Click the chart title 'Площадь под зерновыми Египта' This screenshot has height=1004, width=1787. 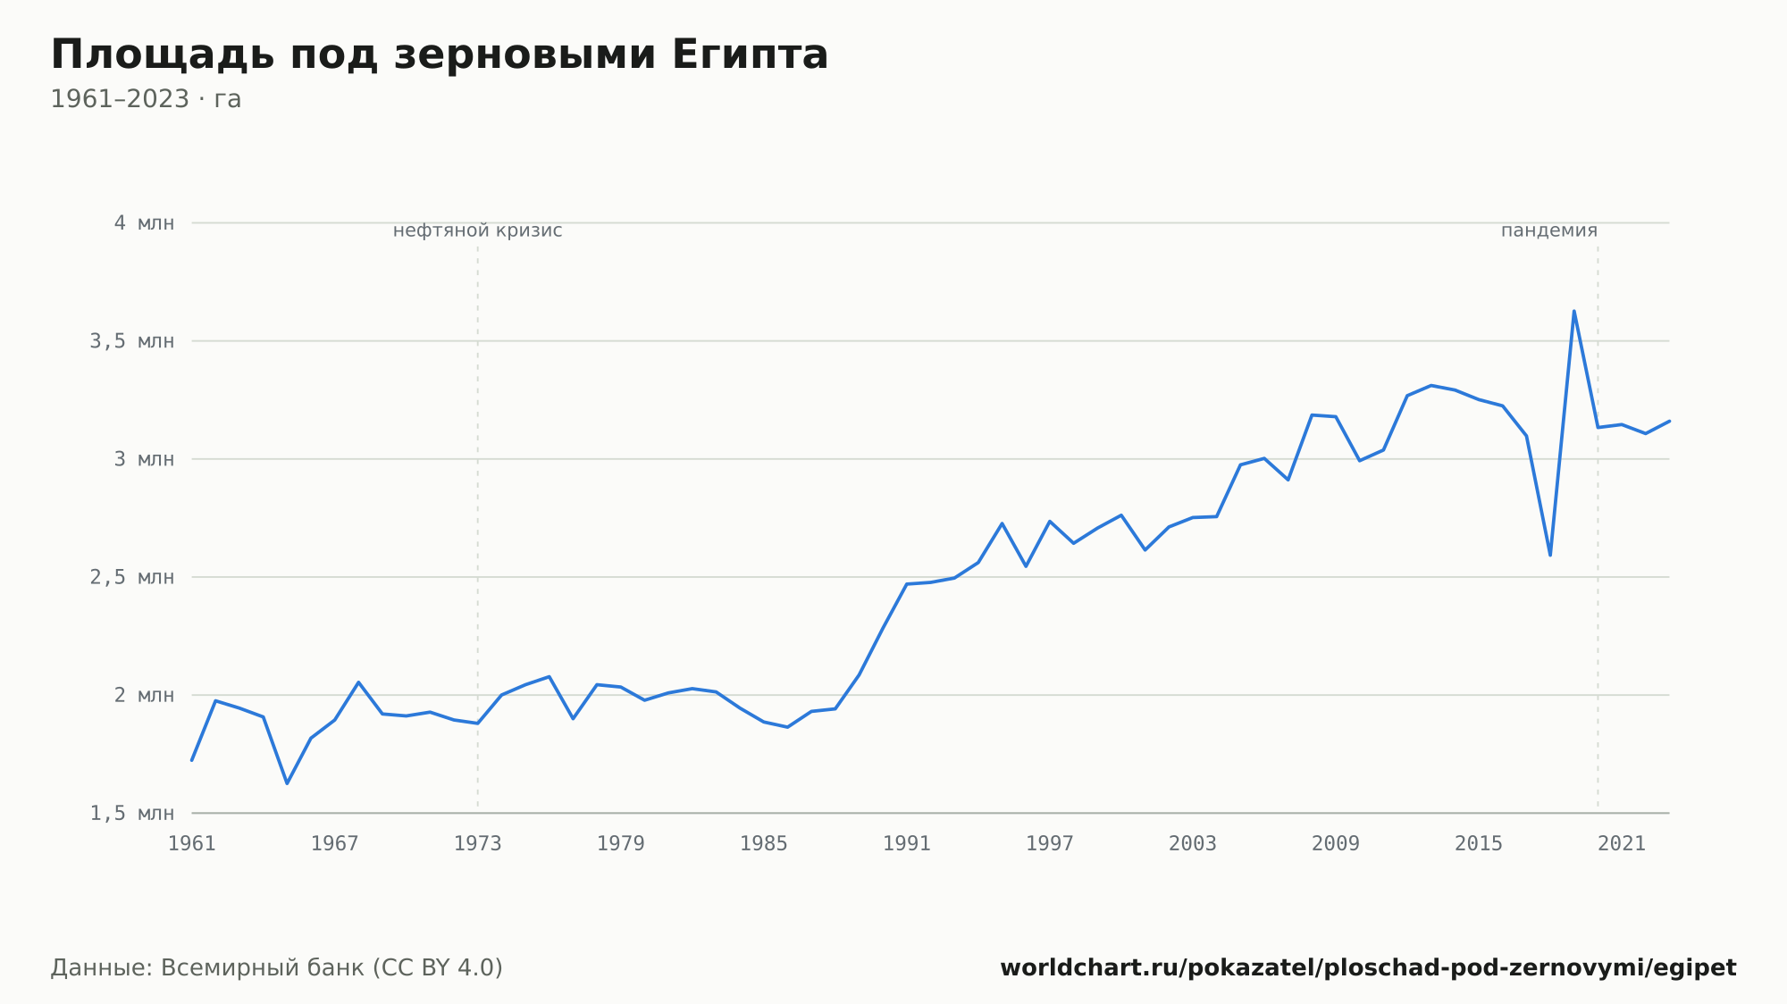coord(440,55)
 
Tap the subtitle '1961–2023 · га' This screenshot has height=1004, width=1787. coord(146,99)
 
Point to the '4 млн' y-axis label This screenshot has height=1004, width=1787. coord(144,223)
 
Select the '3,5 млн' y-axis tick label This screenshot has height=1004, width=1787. coord(132,341)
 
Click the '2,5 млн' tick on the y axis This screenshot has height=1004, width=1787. coord(132,577)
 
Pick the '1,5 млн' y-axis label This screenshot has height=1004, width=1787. coord(132,813)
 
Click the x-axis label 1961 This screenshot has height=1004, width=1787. coord(192,844)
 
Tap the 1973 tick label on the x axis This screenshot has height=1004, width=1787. coord(478,844)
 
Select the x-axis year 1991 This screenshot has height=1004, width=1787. coord(907,844)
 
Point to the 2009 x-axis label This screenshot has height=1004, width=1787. coord(1336,844)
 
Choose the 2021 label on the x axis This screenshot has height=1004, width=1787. coord(1622,844)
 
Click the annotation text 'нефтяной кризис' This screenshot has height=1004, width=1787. coord(478,230)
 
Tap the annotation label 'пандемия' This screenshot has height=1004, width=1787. coord(1549,230)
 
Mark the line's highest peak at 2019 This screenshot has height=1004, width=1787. coord(1573,311)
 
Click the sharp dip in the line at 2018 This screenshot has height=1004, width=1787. coord(1550,555)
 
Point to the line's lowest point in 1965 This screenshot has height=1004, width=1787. coord(287,783)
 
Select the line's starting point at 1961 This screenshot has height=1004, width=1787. coord(192,760)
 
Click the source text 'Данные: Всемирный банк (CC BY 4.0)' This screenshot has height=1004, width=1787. coord(277,968)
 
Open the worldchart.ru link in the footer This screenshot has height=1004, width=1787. coord(1368,968)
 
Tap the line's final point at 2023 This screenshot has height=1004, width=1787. coord(1669,421)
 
